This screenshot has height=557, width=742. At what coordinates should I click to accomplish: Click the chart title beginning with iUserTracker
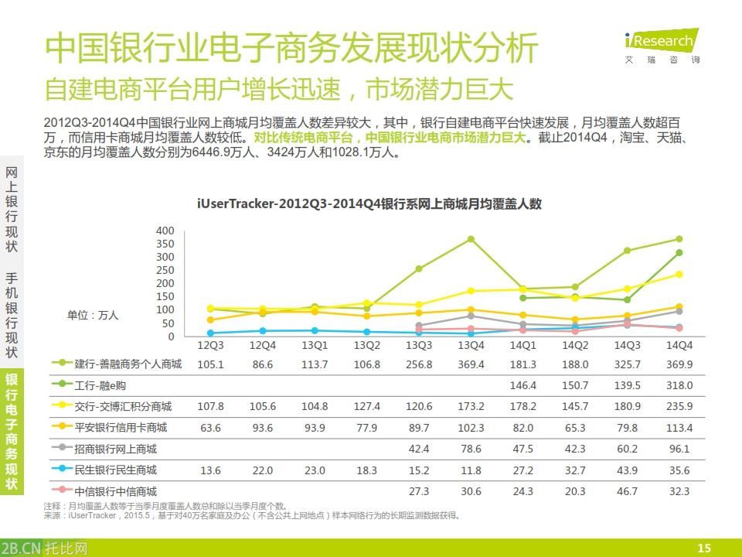click(x=369, y=204)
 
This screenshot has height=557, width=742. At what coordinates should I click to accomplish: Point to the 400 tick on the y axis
click(x=165, y=231)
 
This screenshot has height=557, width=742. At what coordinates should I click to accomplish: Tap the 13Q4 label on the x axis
click(x=470, y=346)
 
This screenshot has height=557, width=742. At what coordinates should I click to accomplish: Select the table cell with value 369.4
click(x=470, y=364)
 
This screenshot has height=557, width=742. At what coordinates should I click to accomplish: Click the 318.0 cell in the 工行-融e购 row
click(x=679, y=384)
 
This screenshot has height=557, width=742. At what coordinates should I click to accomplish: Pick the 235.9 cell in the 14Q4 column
click(x=679, y=406)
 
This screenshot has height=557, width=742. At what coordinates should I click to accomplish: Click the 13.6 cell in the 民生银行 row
click(x=210, y=470)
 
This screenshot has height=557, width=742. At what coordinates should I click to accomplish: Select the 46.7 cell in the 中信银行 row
click(x=627, y=491)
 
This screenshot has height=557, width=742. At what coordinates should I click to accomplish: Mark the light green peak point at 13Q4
click(x=470, y=239)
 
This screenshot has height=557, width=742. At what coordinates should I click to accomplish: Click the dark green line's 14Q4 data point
click(x=679, y=252)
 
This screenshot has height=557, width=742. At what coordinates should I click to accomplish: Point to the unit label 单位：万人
click(x=93, y=315)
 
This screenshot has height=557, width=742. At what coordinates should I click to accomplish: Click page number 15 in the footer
click(x=703, y=548)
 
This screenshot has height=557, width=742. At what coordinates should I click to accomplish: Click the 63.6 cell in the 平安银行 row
click(x=210, y=427)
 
